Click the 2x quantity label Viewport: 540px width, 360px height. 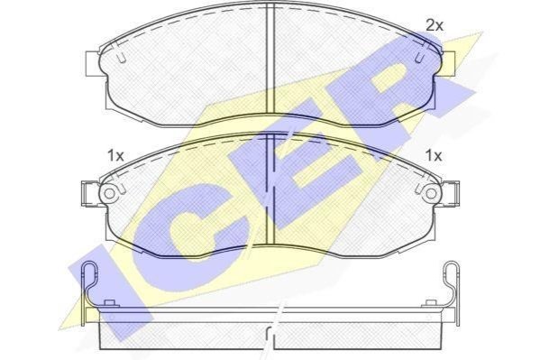click(435, 25)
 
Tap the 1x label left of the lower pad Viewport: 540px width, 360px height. click(115, 156)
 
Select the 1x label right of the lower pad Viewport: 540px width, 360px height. click(434, 156)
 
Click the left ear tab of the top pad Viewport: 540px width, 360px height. click(92, 64)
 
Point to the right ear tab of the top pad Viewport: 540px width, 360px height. click(448, 64)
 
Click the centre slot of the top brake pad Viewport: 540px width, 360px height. click(270, 60)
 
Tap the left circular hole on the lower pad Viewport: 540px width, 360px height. click(109, 193)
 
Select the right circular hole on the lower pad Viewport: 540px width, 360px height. click(431, 193)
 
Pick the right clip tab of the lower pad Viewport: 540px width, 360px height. click(451, 194)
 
